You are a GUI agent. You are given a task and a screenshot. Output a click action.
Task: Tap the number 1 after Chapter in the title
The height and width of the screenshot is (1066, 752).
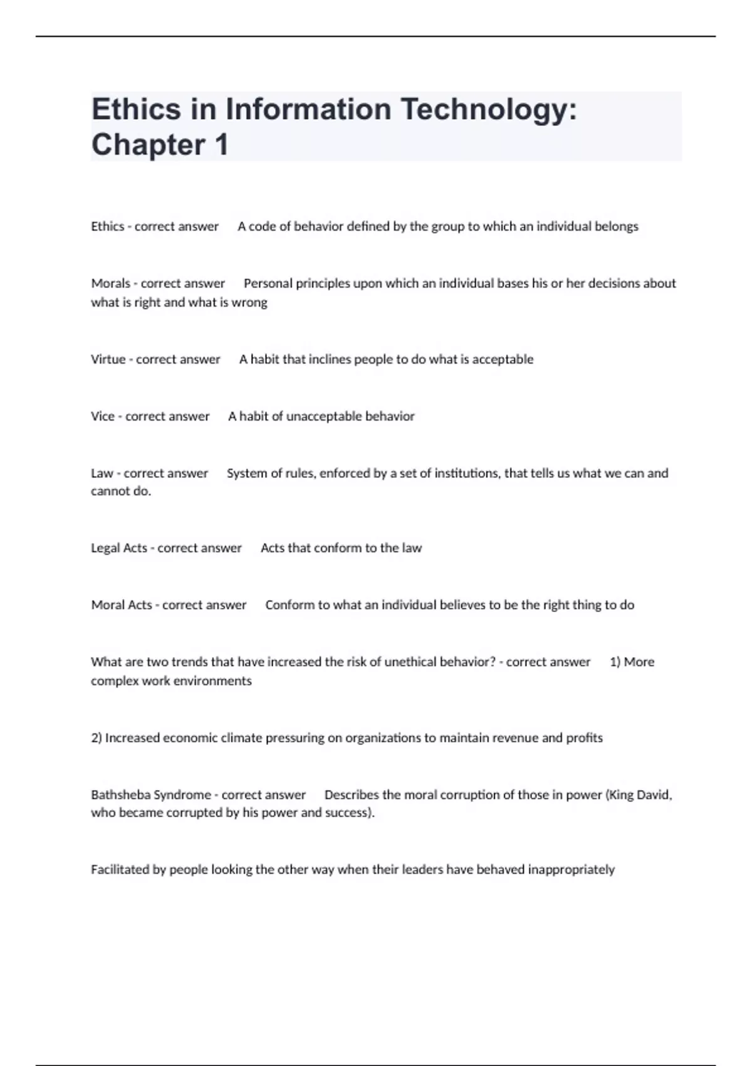[221, 145]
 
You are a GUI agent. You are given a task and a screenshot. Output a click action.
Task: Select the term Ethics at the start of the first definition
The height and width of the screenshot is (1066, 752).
[107, 226]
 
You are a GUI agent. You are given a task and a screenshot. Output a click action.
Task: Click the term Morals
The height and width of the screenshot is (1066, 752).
[110, 283]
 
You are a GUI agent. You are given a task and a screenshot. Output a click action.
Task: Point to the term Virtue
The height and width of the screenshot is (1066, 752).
[108, 359]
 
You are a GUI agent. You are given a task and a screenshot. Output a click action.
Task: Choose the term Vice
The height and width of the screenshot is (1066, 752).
[103, 416]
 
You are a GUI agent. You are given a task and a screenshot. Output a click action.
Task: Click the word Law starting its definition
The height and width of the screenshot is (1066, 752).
[102, 473]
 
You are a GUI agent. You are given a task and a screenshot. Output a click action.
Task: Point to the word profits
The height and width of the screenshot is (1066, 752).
[584, 738]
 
